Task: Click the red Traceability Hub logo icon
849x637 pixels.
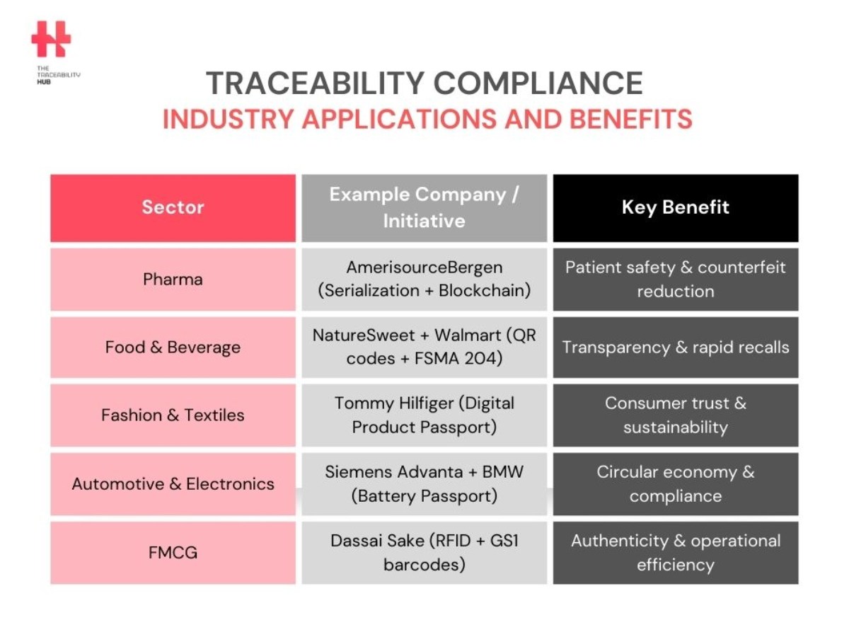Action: (51, 39)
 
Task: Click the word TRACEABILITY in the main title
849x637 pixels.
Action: (316, 83)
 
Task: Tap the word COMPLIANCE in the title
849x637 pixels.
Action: (538, 83)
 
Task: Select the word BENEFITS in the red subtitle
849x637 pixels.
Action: (631, 119)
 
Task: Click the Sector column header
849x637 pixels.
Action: (173, 208)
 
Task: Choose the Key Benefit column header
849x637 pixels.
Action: (676, 208)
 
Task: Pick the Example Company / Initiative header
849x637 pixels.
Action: (424, 208)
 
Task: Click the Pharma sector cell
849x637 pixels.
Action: (173, 280)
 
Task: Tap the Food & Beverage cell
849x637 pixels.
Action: (173, 348)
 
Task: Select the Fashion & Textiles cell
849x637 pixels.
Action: (173, 415)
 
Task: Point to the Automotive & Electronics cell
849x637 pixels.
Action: (173, 484)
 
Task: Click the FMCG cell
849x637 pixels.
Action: (173, 552)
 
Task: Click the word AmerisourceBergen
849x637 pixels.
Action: (424, 268)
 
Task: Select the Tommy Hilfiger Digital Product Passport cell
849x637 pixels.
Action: (424, 415)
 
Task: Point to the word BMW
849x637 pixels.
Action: (503, 472)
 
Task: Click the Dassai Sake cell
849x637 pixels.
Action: (424, 552)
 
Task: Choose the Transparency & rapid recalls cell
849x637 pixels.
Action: (676, 348)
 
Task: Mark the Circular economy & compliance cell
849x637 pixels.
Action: (676, 484)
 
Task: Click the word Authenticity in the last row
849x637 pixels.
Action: (620, 541)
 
